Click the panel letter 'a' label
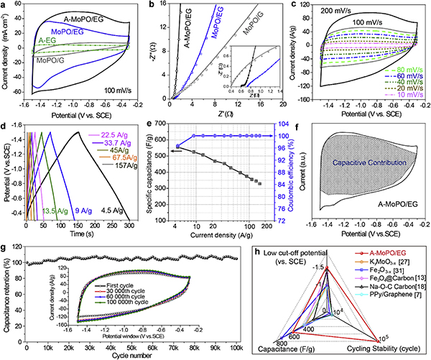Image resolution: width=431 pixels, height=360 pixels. (4, 6)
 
